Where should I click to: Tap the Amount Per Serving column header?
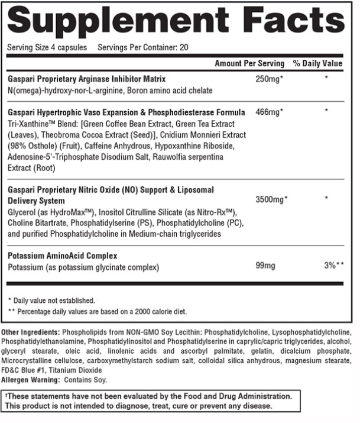coord(249,63)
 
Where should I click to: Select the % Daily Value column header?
coord(317,63)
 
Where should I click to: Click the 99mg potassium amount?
coord(265,267)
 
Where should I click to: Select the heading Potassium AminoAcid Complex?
coord(62,256)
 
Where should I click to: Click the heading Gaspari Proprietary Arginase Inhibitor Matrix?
coord(87,79)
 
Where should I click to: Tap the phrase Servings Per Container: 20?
coord(143,47)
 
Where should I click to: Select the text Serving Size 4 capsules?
coord(47,47)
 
